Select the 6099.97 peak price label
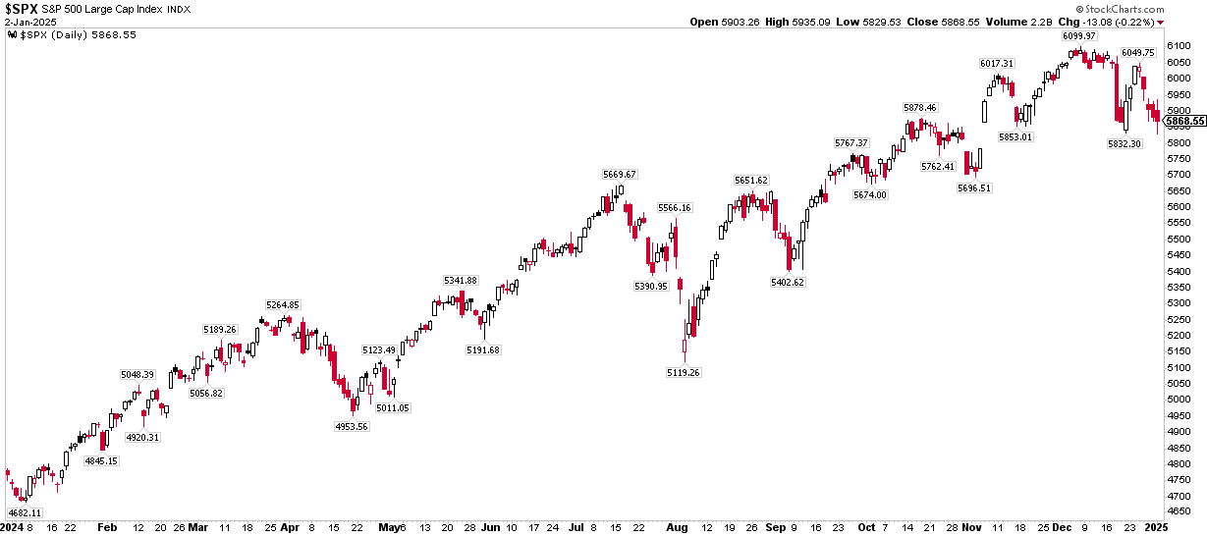(x=1078, y=36)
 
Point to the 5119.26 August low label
(x=684, y=372)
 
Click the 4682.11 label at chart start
(x=25, y=512)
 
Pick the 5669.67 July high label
(x=620, y=174)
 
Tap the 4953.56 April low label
(x=352, y=426)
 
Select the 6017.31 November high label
(x=997, y=63)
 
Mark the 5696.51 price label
(x=972, y=188)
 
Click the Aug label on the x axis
(x=676, y=526)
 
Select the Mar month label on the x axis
(x=198, y=526)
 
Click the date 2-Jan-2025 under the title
(x=30, y=22)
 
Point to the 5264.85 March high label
(x=282, y=304)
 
